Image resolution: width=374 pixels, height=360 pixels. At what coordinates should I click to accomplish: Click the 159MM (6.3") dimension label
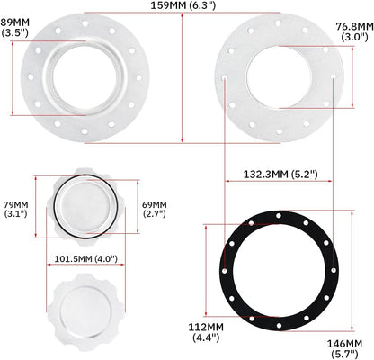click(183, 7)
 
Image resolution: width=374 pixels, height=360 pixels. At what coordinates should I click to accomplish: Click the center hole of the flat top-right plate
click(279, 78)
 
